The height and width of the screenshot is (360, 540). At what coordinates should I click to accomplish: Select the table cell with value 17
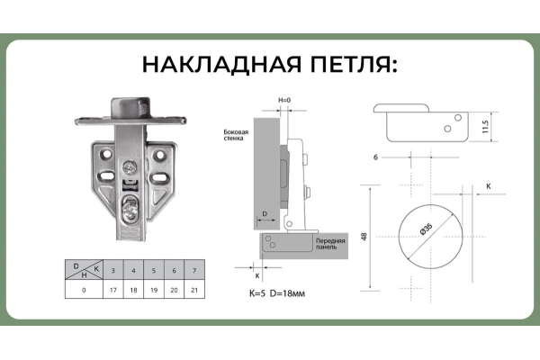tap(112, 291)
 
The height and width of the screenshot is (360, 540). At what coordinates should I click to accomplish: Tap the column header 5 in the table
tap(152, 270)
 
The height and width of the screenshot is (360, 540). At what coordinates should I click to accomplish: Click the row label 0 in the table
tap(84, 291)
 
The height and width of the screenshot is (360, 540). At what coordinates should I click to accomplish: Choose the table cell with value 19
tap(152, 291)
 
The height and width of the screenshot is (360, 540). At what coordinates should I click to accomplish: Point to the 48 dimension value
tap(364, 238)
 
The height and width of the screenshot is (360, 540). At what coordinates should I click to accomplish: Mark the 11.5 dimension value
tap(484, 126)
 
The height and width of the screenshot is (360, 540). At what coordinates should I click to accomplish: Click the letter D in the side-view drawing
tap(265, 214)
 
